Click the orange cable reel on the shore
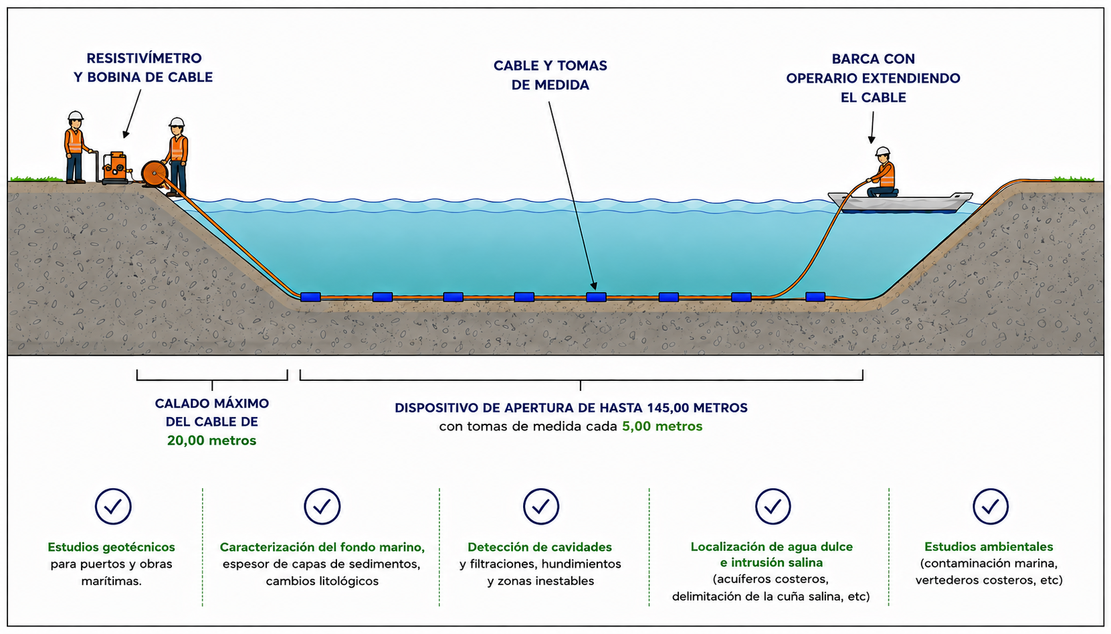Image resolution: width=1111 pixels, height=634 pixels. pyautogui.click(x=155, y=173)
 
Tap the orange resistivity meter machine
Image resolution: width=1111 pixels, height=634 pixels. pyautogui.click(x=115, y=167)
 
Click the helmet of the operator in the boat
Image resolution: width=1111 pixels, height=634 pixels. pyautogui.click(x=883, y=151)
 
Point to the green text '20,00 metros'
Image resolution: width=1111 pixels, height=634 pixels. pyautogui.click(x=212, y=441)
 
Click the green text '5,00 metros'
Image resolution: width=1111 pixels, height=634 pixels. pyautogui.click(x=662, y=426)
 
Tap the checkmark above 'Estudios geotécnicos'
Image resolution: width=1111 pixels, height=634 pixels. pyautogui.click(x=113, y=506)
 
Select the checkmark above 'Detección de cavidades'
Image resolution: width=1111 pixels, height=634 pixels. pyautogui.click(x=540, y=506)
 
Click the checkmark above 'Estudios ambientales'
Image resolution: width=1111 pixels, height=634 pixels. pyautogui.click(x=991, y=506)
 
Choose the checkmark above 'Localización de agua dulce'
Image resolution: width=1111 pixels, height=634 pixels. pyautogui.click(x=773, y=506)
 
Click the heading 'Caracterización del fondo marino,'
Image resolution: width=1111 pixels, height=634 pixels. pyautogui.click(x=322, y=547)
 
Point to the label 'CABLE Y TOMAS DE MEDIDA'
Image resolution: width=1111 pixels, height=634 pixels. pyautogui.click(x=550, y=75)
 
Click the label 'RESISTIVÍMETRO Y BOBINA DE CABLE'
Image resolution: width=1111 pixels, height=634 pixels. pyautogui.click(x=143, y=68)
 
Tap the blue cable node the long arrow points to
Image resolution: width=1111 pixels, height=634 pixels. pyautogui.click(x=596, y=297)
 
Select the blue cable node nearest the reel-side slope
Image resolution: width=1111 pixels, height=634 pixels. pyautogui.click(x=310, y=297)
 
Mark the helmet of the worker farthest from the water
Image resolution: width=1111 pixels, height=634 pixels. pyautogui.click(x=76, y=116)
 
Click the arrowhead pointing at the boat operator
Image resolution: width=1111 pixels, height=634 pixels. pyautogui.click(x=872, y=139)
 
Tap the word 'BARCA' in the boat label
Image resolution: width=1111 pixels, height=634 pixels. pyautogui.click(x=851, y=59)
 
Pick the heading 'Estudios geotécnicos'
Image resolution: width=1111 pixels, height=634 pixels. pyautogui.click(x=111, y=547)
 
